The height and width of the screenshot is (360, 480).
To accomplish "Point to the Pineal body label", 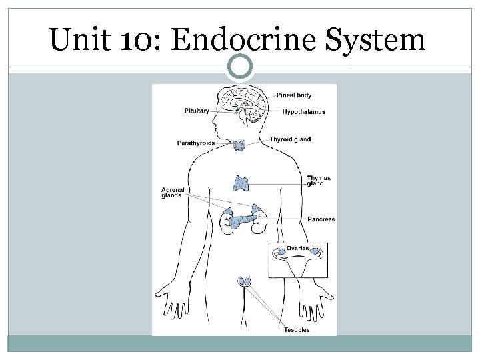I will tap(294, 95).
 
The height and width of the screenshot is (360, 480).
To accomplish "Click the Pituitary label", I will tap(197, 111).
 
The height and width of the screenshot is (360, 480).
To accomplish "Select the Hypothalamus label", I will tap(303, 111).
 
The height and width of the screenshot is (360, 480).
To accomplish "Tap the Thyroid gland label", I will tap(290, 139).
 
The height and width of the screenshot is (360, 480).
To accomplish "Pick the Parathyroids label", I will tap(195, 143).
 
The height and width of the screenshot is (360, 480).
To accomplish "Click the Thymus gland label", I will tap(319, 181).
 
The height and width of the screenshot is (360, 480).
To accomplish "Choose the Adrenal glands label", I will tap(173, 193).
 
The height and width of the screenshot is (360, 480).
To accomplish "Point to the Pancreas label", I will tap(321, 219).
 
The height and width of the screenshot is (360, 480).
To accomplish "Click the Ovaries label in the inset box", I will tap(299, 248).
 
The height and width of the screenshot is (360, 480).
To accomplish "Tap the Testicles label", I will tap(297, 329).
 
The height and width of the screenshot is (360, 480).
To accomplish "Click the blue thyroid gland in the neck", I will tap(240, 145).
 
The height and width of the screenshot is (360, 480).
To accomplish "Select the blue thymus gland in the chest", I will tap(241, 181).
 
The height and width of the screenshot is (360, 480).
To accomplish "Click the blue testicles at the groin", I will tap(245, 282).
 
